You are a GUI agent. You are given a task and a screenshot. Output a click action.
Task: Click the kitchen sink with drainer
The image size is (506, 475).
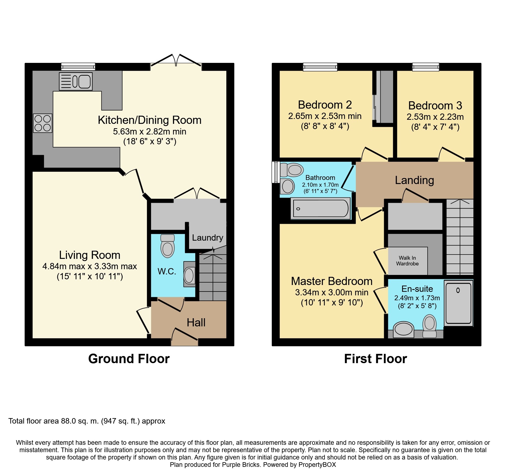(76, 81)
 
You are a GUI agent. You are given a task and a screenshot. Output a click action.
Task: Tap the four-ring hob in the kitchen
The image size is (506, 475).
(43, 123)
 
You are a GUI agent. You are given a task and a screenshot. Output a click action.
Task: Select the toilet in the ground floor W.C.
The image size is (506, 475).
(168, 246)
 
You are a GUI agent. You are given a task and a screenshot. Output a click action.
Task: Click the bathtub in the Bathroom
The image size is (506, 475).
(320, 209)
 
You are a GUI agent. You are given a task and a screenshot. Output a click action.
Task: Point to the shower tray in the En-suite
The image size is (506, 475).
(458, 303)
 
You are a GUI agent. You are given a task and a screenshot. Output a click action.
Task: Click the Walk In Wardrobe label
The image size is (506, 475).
(407, 261)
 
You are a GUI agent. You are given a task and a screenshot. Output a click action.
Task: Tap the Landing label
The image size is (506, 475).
(414, 180)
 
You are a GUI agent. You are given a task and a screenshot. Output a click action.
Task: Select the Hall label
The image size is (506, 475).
(196, 323)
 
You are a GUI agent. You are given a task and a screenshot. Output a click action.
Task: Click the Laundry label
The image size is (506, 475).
(207, 238)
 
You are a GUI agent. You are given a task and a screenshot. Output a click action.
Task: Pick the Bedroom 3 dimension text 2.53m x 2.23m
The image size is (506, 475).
(435, 117)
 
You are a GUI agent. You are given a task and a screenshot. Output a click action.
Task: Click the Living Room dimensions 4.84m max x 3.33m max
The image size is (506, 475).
(90, 266)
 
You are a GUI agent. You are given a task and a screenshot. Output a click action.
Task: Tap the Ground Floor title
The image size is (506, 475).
(129, 359)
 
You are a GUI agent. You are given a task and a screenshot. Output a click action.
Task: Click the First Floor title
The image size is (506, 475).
(375, 359)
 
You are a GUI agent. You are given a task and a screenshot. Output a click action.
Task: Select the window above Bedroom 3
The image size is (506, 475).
(425, 67)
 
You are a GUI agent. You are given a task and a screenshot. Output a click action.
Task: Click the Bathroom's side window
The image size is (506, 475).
(276, 172)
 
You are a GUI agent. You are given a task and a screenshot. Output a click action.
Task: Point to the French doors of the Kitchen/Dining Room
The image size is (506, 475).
(176, 61)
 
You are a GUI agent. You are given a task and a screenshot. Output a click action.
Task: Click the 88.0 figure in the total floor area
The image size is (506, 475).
(68, 421)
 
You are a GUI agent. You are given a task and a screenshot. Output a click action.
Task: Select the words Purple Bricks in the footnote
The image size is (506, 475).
(241, 465)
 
